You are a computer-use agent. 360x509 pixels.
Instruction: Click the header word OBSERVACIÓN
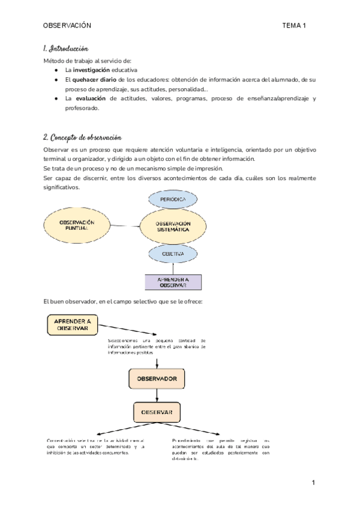tap(67, 26)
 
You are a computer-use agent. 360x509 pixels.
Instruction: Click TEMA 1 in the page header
tap(294, 26)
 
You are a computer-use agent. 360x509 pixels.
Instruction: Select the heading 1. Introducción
tap(66, 48)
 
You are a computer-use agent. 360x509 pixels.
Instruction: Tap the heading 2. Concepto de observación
tap(83, 137)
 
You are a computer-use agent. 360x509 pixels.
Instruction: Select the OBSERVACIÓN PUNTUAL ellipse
tap(77, 226)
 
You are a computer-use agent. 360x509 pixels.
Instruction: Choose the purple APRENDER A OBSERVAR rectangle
tap(173, 282)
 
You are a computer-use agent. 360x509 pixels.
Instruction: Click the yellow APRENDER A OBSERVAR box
tap(73, 325)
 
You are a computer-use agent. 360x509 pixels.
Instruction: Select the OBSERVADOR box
tap(157, 379)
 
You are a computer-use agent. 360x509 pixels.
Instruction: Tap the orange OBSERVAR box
tap(157, 412)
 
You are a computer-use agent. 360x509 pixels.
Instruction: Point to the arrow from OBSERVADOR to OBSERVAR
tap(157, 394)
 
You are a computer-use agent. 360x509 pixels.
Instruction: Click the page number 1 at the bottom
tap(313, 483)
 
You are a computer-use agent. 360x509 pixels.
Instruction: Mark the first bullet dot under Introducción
tap(56, 70)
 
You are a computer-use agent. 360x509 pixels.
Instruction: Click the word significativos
tap(61, 187)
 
